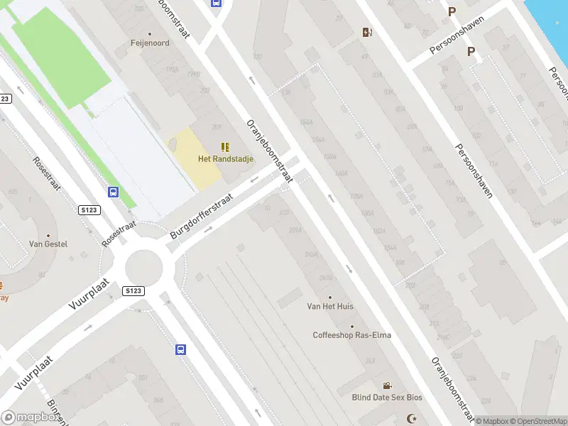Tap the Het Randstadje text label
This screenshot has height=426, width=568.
coord(225,159)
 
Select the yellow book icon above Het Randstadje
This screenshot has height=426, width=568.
coord(225,147)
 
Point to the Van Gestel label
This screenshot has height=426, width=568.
coord(48,244)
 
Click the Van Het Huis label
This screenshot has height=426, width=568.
coord(329,307)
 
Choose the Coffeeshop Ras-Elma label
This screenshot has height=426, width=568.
coord(351,335)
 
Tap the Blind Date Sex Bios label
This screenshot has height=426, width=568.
coord(386,398)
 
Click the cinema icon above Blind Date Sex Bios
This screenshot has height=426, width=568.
coord(387,386)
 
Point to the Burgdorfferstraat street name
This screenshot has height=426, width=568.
coord(212,207)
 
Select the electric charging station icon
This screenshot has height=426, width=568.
coord(367,32)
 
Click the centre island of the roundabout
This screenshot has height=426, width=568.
coord(144,268)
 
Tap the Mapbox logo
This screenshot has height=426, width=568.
coord(30,417)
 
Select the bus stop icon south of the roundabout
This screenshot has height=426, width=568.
coord(181,349)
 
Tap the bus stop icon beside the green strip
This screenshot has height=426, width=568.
coord(113,192)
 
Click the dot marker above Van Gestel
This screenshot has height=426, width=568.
coord(48,235)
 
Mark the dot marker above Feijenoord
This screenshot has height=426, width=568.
coord(149,33)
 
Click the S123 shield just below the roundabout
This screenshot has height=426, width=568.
coord(133,291)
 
